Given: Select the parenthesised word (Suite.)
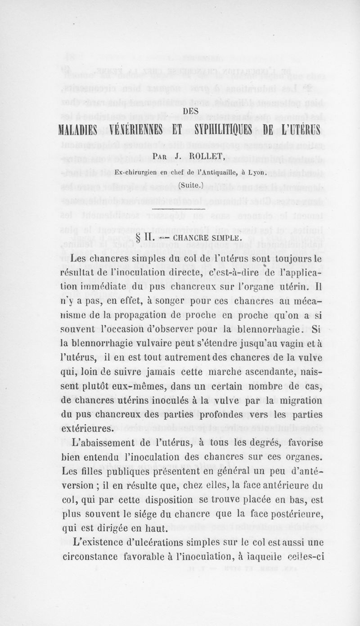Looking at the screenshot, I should (x=179, y=185).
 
